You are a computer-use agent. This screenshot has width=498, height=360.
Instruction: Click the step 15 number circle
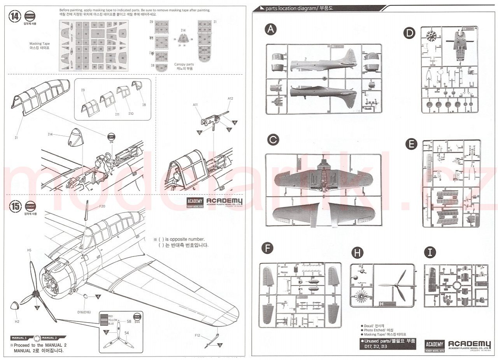15,206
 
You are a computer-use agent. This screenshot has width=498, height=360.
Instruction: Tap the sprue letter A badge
271,30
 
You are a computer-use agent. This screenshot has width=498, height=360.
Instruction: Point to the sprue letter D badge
409,33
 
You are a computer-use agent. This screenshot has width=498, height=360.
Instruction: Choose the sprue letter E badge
411,144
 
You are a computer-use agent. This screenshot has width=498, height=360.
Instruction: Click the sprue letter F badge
267,248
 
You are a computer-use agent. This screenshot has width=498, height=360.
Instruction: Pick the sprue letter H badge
357,253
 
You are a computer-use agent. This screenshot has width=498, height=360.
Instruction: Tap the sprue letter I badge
430,252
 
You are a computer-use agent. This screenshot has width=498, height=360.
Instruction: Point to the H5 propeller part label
29,250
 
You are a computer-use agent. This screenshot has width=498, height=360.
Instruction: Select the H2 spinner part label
17,321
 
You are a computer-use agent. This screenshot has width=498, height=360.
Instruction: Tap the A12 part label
230,98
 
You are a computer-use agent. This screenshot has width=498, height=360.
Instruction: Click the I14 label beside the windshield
51,134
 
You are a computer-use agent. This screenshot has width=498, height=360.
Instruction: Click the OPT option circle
111,137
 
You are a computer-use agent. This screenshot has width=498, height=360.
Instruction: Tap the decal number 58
129,321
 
